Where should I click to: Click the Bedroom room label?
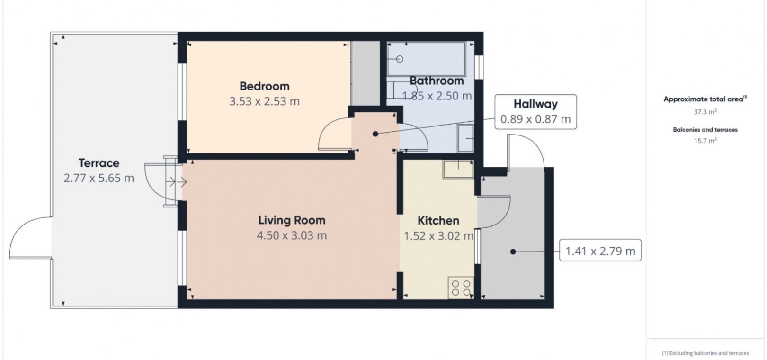[264, 86]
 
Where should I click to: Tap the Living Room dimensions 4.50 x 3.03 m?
[292, 236]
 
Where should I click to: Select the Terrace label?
[99, 163]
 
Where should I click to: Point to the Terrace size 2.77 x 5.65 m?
[99, 179]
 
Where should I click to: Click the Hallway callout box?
[535, 112]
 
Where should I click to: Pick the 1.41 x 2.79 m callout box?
[600, 251]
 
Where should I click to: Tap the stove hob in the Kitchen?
[461, 288]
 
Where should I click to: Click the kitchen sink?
[458, 169]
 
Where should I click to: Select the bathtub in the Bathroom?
[426, 59]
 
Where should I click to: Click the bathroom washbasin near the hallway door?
[465, 138]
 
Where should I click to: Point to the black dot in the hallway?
[375, 134]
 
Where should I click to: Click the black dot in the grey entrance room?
[513, 252]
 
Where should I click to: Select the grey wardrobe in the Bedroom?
[366, 73]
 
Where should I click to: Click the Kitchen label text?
[438, 221]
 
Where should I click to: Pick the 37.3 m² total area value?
[705, 112]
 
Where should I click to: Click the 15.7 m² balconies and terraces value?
[705, 140]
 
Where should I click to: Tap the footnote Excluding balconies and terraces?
[705, 353]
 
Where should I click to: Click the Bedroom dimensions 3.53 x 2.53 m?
[264, 102]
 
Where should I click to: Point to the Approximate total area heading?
[705, 99]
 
